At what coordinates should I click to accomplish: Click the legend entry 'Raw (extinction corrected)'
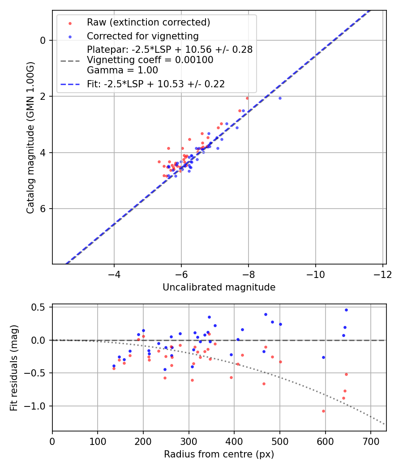(148, 22)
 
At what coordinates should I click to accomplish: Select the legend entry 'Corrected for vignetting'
(142, 36)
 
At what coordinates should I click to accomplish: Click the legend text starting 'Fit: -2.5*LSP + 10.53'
(155, 84)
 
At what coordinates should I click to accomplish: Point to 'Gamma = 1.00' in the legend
(122, 70)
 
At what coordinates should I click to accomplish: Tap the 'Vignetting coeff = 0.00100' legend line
(150, 60)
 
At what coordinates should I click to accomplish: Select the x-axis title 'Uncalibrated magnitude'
(219, 287)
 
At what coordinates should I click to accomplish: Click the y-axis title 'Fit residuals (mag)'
(14, 367)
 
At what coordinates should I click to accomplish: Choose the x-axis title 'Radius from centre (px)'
(219, 454)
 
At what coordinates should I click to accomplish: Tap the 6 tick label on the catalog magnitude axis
(43, 209)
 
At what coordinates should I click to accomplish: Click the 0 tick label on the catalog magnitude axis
(43, 40)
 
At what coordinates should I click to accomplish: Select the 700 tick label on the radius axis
(370, 441)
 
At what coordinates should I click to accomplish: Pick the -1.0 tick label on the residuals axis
(38, 406)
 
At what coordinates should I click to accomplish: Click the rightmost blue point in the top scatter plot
(280, 98)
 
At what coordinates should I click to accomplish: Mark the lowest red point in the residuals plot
(323, 411)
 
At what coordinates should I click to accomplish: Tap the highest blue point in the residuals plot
(346, 310)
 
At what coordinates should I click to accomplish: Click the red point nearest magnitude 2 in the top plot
(247, 98)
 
